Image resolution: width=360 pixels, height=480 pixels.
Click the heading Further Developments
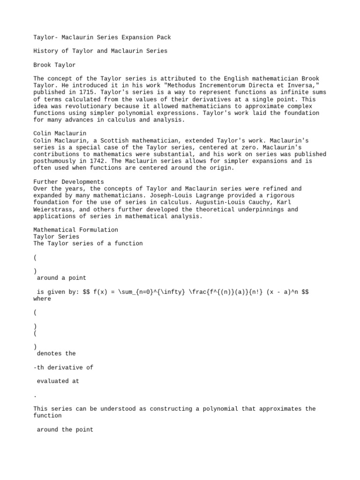[x=69, y=181]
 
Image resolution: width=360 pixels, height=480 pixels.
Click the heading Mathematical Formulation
[x=76, y=230]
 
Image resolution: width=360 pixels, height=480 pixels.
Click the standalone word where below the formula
[x=42, y=299]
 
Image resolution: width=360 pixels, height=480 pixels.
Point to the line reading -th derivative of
[x=63, y=367]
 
